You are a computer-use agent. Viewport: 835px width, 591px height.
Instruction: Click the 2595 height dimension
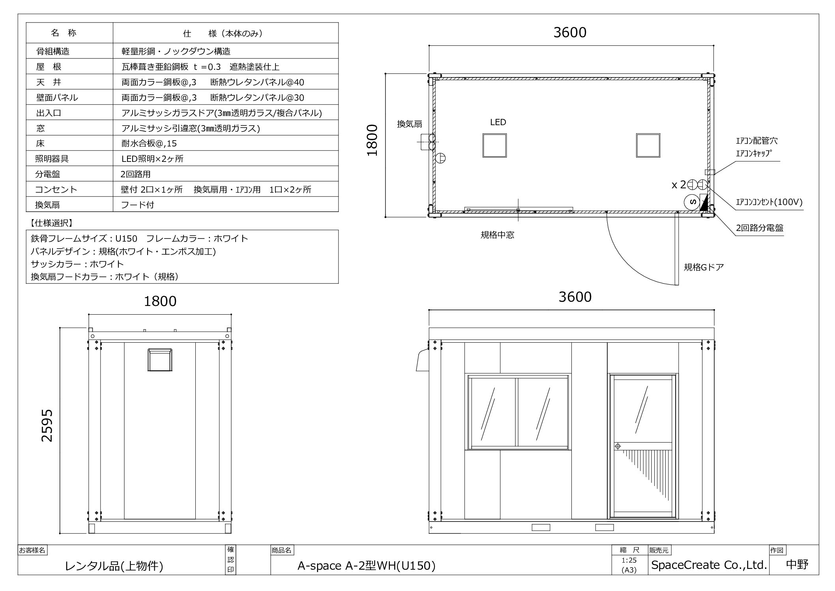click(47, 426)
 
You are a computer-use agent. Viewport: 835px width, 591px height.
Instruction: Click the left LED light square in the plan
click(494, 145)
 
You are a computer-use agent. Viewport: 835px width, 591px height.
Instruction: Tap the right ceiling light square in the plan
click(648, 145)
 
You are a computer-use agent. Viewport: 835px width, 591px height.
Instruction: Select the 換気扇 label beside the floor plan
click(409, 124)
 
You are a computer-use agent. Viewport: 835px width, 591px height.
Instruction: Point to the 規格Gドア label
click(704, 267)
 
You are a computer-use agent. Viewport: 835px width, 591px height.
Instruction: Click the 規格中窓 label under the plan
click(497, 235)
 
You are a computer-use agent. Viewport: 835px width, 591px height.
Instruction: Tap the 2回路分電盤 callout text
click(760, 228)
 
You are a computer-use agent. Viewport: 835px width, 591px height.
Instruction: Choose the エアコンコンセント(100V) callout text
click(769, 203)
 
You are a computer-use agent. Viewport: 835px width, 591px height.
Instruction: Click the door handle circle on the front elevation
click(618, 446)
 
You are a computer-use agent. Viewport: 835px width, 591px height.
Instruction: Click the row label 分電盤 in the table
click(48, 174)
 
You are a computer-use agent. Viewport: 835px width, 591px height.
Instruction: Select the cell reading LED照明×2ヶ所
click(152, 159)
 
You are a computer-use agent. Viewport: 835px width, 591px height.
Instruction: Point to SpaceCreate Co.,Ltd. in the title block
click(709, 565)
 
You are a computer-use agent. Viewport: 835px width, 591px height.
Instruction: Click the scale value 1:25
click(629, 560)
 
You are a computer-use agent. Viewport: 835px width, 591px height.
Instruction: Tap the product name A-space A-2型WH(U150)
click(366, 566)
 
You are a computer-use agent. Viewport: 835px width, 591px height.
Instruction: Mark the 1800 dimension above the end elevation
click(160, 301)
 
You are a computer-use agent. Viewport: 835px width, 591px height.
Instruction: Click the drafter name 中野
click(797, 565)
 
